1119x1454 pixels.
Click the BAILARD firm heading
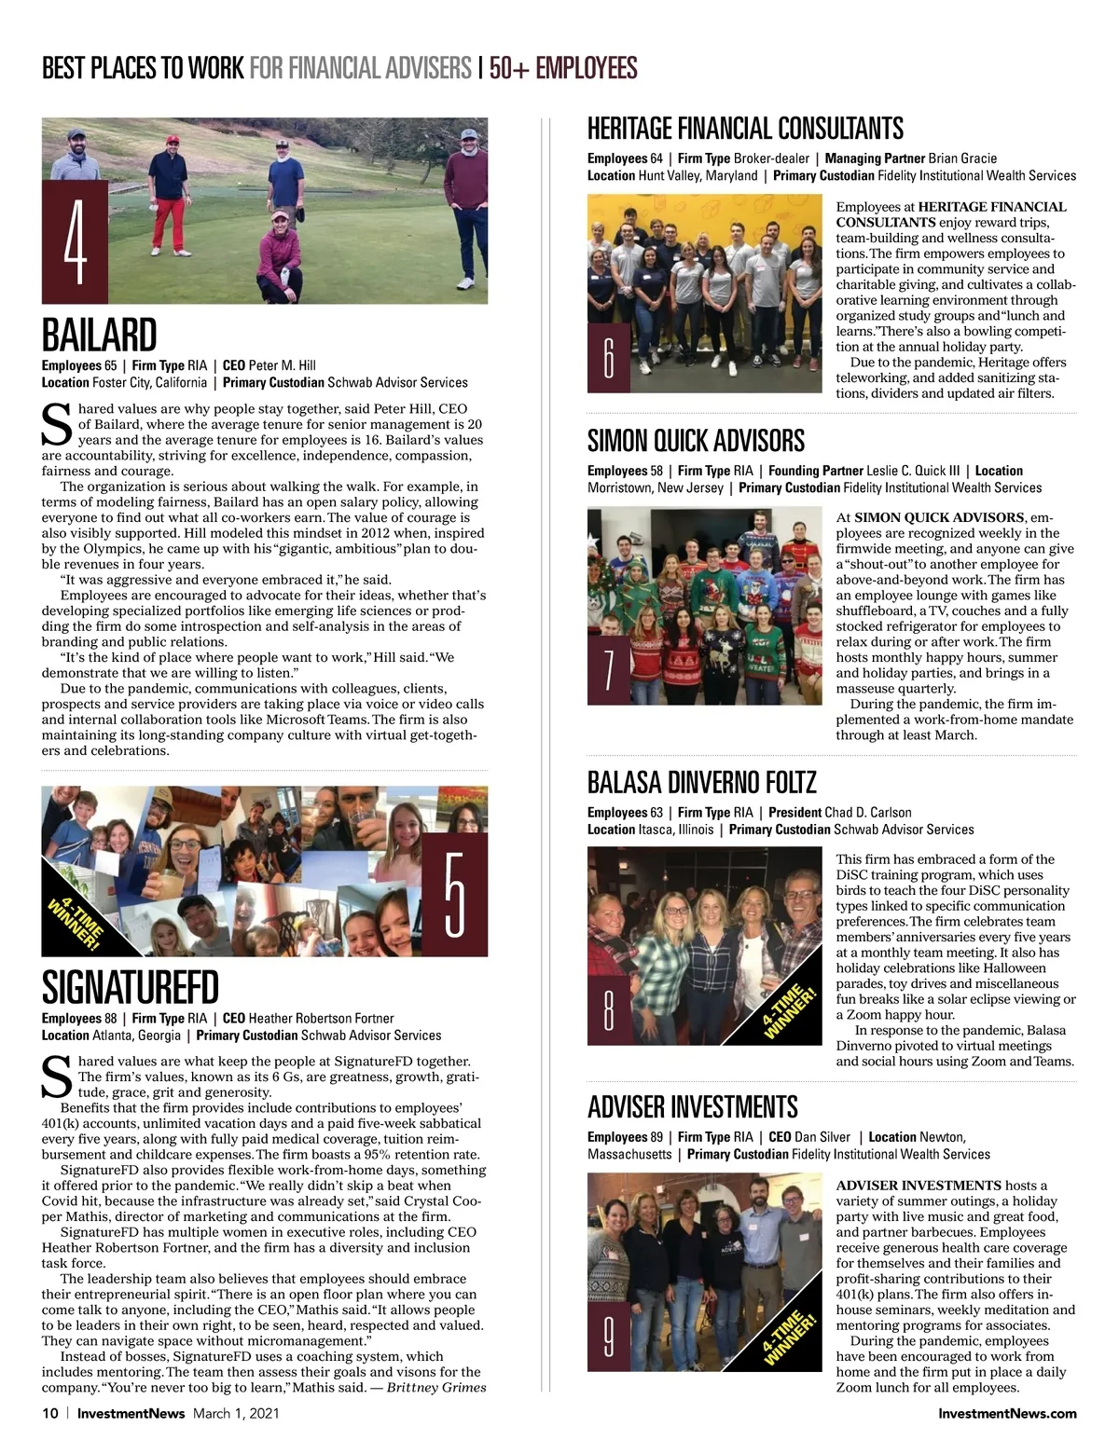[100, 336]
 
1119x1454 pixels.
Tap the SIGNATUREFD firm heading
[131, 988]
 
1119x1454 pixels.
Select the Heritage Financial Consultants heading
[745, 129]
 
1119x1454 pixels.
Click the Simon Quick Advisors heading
[696, 441]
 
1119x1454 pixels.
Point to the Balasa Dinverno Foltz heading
[701, 782]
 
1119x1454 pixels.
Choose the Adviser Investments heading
[692, 1107]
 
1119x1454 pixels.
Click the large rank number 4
[76, 242]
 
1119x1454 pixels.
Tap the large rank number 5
[454, 895]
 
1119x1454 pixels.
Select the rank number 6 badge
[609, 359]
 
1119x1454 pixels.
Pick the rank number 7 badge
[609, 671]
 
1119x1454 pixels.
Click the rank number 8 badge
[609, 1011]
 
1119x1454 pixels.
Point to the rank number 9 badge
[609, 1337]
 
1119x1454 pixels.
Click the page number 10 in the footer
[50, 1413]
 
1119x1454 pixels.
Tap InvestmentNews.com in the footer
[1007, 1413]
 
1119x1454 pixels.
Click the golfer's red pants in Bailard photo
[169, 224]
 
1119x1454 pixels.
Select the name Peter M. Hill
[282, 365]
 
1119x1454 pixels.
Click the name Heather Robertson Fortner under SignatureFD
[321, 1019]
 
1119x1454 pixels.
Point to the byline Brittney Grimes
[436, 1387]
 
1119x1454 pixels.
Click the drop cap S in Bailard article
[57, 424]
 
